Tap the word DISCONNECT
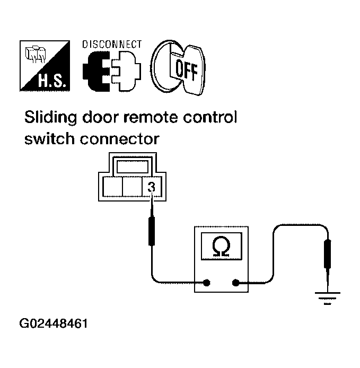coord(112,44)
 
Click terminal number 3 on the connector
coord(152,187)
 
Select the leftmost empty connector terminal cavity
coord(112,187)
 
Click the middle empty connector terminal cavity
coord(132,187)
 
